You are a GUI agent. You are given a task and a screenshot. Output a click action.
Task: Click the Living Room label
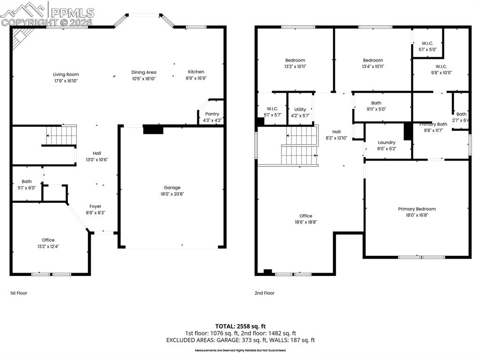[x=66, y=74]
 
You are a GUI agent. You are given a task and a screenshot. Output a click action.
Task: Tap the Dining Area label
[x=144, y=72]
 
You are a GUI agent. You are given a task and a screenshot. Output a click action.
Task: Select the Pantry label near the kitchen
[x=212, y=114]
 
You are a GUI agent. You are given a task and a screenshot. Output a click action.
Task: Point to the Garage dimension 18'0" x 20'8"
[x=172, y=194]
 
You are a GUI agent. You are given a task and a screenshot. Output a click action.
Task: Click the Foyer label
[x=95, y=206]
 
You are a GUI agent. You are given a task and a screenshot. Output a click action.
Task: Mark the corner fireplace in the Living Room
[x=19, y=37]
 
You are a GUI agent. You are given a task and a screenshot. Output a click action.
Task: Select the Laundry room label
[x=387, y=142]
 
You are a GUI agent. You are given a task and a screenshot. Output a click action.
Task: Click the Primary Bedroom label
[x=417, y=209]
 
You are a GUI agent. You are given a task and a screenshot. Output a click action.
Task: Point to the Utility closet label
[x=300, y=109]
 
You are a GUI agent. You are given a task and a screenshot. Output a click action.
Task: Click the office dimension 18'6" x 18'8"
[x=306, y=222]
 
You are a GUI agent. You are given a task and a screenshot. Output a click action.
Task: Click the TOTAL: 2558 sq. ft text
[x=240, y=326]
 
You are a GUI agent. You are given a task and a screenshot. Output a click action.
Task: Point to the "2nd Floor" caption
[x=264, y=293]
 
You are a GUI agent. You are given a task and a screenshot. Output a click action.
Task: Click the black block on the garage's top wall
[x=153, y=129]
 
